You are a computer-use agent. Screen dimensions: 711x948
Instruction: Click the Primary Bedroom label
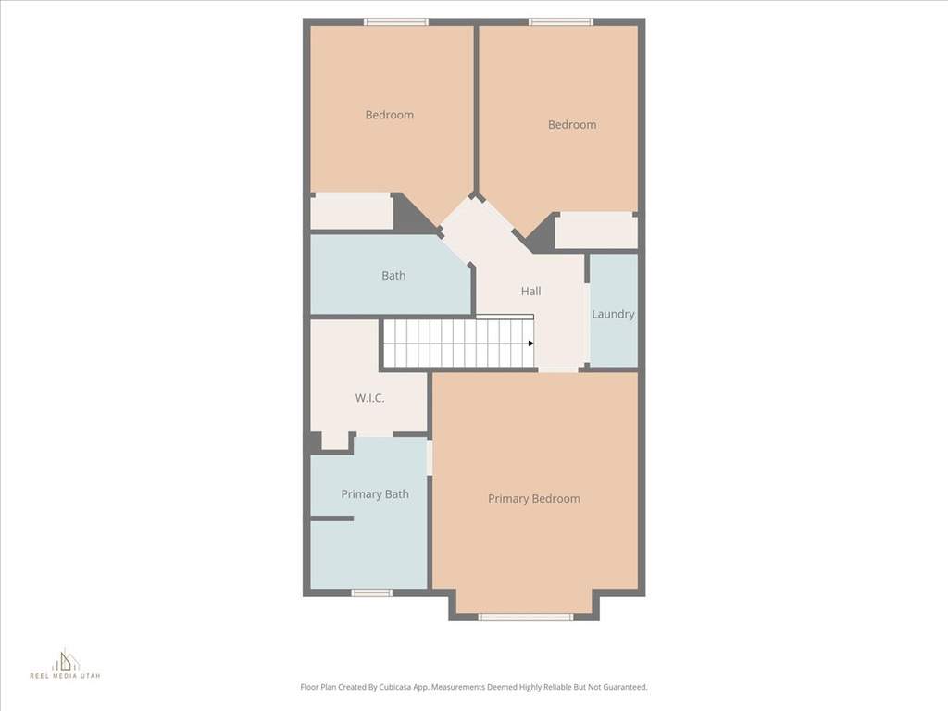[x=534, y=499]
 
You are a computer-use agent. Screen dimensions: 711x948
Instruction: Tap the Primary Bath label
[x=375, y=494]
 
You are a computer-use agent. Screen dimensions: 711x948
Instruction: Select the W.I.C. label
[x=369, y=398]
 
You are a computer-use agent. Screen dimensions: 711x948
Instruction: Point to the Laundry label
[x=613, y=314]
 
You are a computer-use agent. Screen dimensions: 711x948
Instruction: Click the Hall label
[x=530, y=292]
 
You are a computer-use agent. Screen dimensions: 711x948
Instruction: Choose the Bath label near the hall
[x=393, y=276]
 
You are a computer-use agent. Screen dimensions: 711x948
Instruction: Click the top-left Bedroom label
[x=389, y=115]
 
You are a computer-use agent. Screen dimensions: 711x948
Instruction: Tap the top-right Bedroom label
[x=572, y=125]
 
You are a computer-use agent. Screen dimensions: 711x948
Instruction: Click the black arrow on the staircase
[x=531, y=343]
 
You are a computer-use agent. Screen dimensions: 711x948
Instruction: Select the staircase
[x=458, y=343]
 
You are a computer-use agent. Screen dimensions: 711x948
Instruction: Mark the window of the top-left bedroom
[x=396, y=22]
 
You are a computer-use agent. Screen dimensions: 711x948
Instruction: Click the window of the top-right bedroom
[x=561, y=22]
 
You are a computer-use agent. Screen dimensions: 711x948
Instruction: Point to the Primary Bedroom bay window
[x=525, y=617]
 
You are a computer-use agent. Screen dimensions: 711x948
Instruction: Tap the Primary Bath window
[x=371, y=592]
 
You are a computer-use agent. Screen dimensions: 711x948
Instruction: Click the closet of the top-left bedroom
[x=351, y=212]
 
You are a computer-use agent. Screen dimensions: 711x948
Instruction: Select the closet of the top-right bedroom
[x=595, y=231]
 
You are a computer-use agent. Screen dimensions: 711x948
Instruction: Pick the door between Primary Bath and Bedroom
[x=430, y=458]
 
